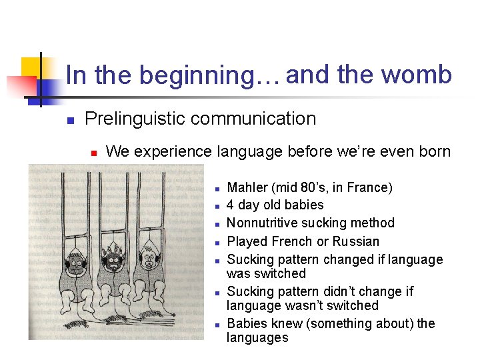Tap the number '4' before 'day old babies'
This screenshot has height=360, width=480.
tap(231, 205)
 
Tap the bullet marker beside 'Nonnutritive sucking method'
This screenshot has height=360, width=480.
tap(217, 224)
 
